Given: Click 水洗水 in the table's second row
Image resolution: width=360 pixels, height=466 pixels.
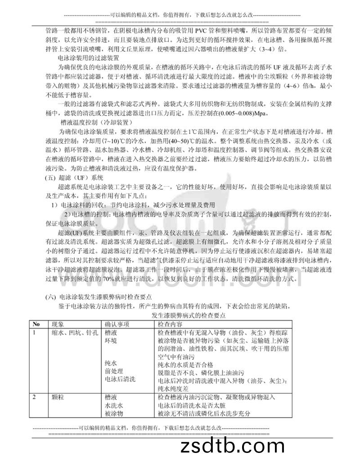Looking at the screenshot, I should coord(114,405).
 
